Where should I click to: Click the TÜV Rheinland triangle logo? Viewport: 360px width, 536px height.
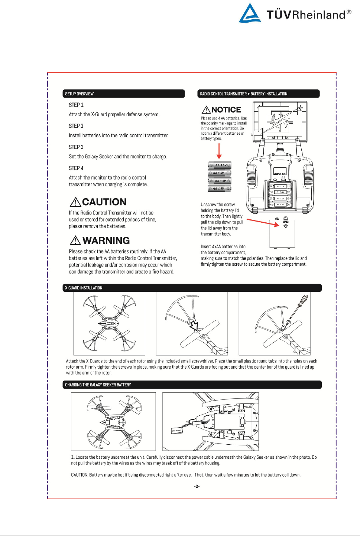coord(250,13)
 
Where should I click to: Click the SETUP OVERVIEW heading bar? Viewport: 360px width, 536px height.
coord(124,94)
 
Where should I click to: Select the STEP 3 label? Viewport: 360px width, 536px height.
coord(76,147)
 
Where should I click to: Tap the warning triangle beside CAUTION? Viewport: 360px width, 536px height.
coord(75,202)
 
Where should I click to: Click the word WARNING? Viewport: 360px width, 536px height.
coord(106,241)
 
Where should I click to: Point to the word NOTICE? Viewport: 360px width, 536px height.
coord(226,110)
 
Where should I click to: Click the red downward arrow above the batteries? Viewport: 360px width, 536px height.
coord(219,151)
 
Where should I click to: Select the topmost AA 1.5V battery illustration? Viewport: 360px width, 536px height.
coord(220,165)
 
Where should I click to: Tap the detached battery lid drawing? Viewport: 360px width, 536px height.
coord(282,233)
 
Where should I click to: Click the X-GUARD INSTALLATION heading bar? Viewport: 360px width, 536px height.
coord(192,288)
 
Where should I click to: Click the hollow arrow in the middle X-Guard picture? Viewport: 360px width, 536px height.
coord(194,326)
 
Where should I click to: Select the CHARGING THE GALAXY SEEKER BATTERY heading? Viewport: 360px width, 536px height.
coord(98,385)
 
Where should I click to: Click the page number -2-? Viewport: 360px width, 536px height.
coord(197,486)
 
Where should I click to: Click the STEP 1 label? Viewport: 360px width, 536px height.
coord(76,105)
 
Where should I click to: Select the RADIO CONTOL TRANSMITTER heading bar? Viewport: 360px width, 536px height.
coord(259,94)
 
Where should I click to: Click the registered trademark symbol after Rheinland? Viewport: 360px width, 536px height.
coord(349,12)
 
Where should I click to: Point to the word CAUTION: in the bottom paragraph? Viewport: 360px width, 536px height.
coord(80,475)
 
